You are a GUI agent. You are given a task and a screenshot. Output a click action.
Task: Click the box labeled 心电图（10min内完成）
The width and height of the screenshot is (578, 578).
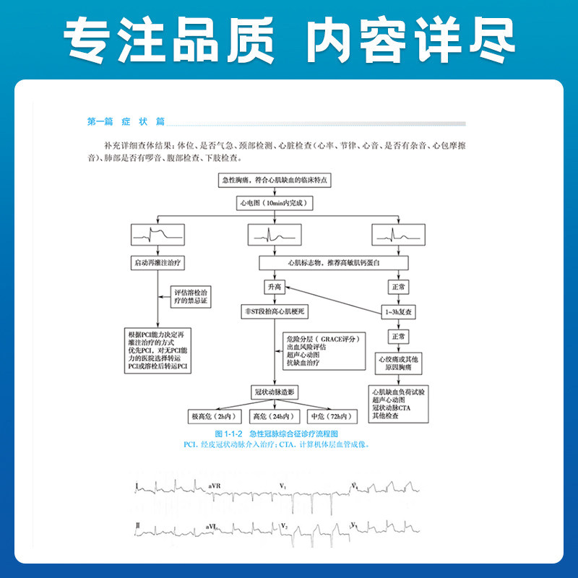click(x=275, y=204)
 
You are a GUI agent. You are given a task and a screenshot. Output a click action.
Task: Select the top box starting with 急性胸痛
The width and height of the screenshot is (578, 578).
click(x=275, y=181)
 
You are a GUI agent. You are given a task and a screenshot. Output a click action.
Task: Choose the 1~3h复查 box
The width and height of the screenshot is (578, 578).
click(x=398, y=311)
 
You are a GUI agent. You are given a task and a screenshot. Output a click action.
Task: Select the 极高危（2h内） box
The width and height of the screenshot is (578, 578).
click(x=211, y=417)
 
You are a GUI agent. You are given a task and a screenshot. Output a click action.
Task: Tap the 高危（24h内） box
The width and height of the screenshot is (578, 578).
click(x=272, y=417)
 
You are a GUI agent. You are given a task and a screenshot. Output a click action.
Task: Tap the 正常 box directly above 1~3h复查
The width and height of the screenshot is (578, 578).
click(x=398, y=287)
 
